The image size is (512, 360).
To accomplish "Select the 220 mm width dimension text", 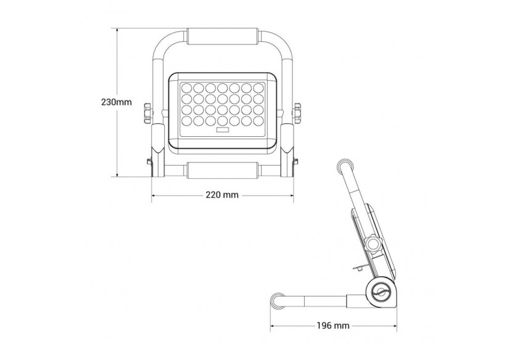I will (222, 195).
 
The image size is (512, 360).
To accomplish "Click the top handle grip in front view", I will (222, 35).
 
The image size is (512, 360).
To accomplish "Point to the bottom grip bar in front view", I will (222, 169).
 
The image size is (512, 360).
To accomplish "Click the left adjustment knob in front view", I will (147, 113).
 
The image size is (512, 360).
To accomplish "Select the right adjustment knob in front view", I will (297, 113).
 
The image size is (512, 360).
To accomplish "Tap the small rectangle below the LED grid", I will (222, 130).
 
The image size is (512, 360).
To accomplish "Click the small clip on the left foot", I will (149, 162).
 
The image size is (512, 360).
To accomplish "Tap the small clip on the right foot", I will (295, 162).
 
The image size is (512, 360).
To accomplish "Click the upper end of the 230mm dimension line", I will (118, 28).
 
